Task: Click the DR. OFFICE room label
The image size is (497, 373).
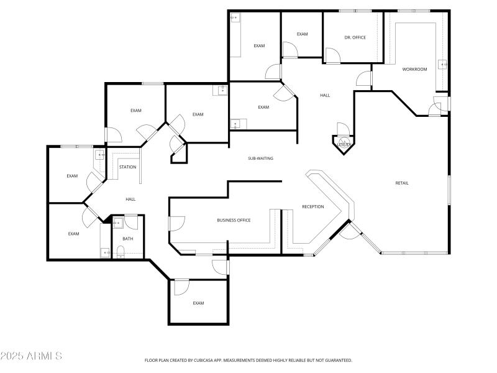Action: pyautogui.click(x=355, y=37)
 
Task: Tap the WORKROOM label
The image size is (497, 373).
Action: pyautogui.click(x=414, y=69)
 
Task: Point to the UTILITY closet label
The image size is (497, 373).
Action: pyautogui.click(x=344, y=144)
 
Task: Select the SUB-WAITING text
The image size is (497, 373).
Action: pyautogui.click(x=260, y=159)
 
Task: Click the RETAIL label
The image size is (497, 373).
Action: pyautogui.click(x=402, y=183)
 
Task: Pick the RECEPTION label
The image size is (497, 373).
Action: pyautogui.click(x=312, y=206)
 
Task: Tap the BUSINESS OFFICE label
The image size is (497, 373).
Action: pyautogui.click(x=234, y=220)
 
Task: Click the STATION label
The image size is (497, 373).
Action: pyautogui.click(x=127, y=167)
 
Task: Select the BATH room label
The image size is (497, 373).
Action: pyautogui.click(x=127, y=239)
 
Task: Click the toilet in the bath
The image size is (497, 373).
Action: pyautogui.click(x=122, y=252)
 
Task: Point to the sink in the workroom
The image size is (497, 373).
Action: pyautogui.click(x=443, y=64)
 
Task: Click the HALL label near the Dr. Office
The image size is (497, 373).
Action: pyautogui.click(x=325, y=95)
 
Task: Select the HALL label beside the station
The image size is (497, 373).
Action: pyautogui.click(x=130, y=199)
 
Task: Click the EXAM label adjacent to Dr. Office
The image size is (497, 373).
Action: pyautogui.click(x=302, y=34)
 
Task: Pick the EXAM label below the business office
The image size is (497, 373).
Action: pyautogui.click(x=198, y=303)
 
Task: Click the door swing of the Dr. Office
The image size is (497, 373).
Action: pyautogui.click(x=334, y=56)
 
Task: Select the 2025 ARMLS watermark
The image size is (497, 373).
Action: pyautogui.click(x=31, y=356)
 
